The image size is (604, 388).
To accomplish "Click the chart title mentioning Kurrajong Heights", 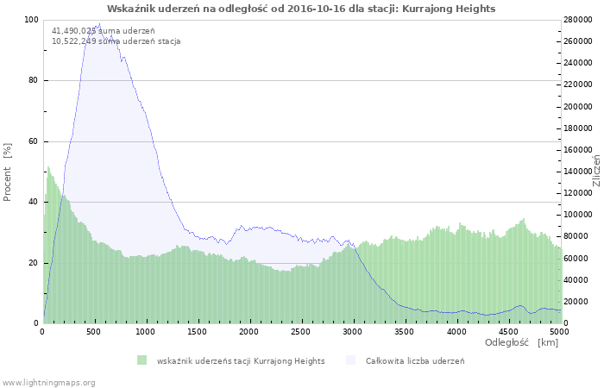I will [x=301, y=8].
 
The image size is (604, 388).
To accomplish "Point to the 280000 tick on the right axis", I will [x=581, y=20].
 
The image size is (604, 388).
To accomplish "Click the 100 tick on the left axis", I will [x=32, y=20].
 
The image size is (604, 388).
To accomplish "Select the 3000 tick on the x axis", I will [x=353, y=331].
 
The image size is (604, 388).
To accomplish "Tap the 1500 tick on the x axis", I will [x=198, y=331].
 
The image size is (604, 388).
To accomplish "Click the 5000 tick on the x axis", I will [x=559, y=331].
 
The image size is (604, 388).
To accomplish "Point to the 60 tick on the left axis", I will [x=35, y=141].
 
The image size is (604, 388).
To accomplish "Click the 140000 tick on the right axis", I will [x=581, y=172].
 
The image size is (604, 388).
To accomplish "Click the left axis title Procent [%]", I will [x=8, y=172].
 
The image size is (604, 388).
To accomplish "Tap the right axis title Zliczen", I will [x=596, y=172].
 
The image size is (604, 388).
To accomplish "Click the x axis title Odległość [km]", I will [x=521, y=343].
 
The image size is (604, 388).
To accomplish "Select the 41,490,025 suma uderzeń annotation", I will [x=91, y=31].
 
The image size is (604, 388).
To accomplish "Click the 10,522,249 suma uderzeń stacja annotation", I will [x=116, y=41].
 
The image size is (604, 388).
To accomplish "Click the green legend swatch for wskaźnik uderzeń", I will [x=142, y=360].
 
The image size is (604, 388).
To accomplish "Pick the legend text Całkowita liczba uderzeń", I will [x=415, y=360].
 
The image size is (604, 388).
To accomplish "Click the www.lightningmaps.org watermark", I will [x=48, y=382].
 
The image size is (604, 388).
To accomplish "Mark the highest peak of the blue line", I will [x=99, y=24].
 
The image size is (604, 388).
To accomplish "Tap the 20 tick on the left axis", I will [x=35, y=263].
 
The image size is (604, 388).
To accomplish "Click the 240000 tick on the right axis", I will [x=581, y=63].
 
